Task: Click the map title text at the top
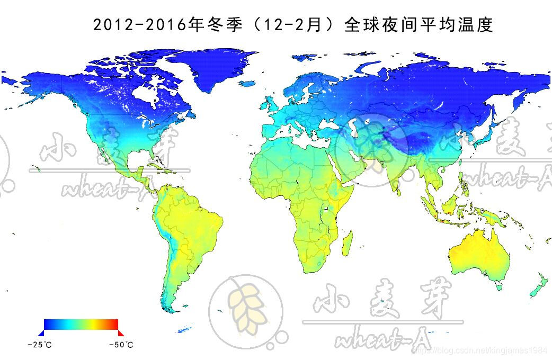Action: coord(293,25)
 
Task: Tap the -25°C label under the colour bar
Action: coord(40,345)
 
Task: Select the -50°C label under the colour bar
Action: coord(121,345)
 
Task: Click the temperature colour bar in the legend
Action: coord(81,324)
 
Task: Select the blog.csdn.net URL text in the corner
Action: coord(479,350)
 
